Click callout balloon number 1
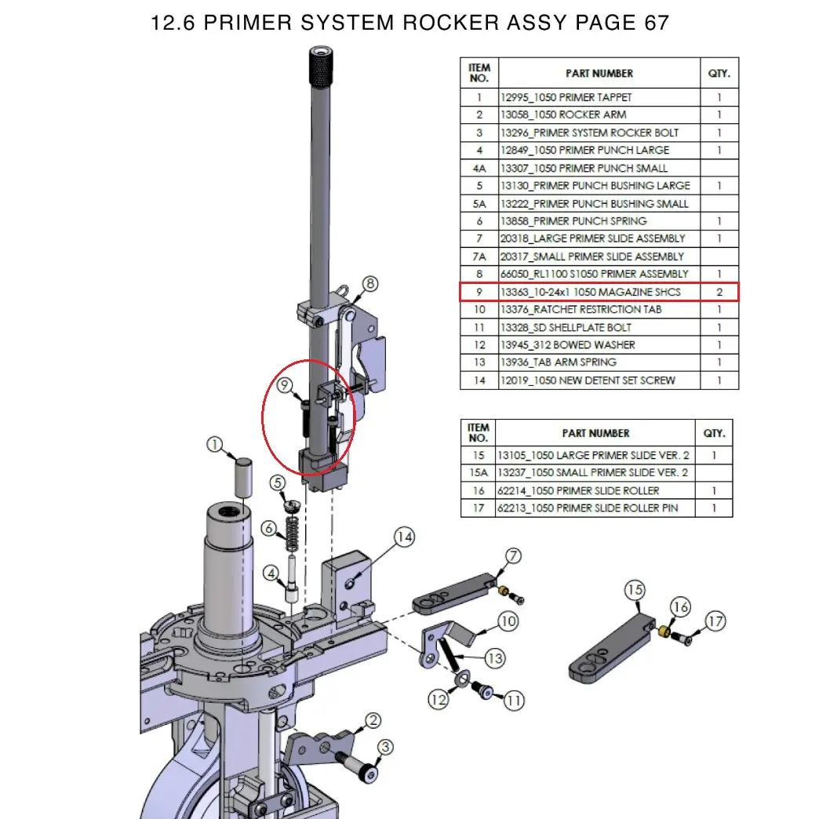tap(215, 446)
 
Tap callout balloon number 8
tap(370, 283)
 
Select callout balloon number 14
tap(403, 537)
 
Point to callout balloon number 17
tap(715, 621)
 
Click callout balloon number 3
tap(384, 747)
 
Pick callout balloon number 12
tap(439, 698)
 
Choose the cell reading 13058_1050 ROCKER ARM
tap(599, 115)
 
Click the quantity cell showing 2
tap(719, 292)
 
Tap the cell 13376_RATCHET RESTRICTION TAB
tap(599, 310)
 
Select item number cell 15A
tap(478, 473)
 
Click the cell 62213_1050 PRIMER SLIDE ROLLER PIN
tap(595, 508)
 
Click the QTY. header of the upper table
tap(719, 73)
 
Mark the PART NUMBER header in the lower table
tap(595, 433)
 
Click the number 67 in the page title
tap(656, 23)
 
